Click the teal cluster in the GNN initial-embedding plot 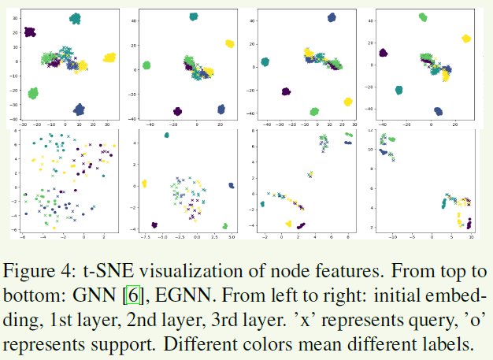pos(76,18)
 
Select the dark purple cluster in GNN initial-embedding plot pos(29,32)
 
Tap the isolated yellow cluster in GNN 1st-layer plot pos(230,44)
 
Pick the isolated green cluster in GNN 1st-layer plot pos(146,65)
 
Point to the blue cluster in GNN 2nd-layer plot pos(332,17)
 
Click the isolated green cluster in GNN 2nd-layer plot pos(314,111)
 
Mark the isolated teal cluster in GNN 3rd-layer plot pos(399,90)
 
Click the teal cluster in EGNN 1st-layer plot pos(166,135)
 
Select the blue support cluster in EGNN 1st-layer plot pos(231,185)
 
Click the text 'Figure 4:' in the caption pos(39,273)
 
